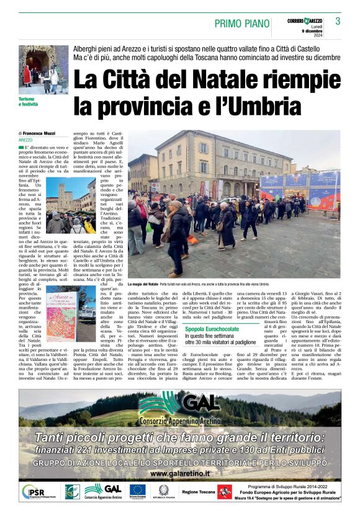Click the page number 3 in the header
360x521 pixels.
pyautogui.click(x=338, y=21)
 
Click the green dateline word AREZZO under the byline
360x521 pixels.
pyautogui.click(x=26, y=141)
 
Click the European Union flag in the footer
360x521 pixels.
pyautogui.click(x=137, y=490)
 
